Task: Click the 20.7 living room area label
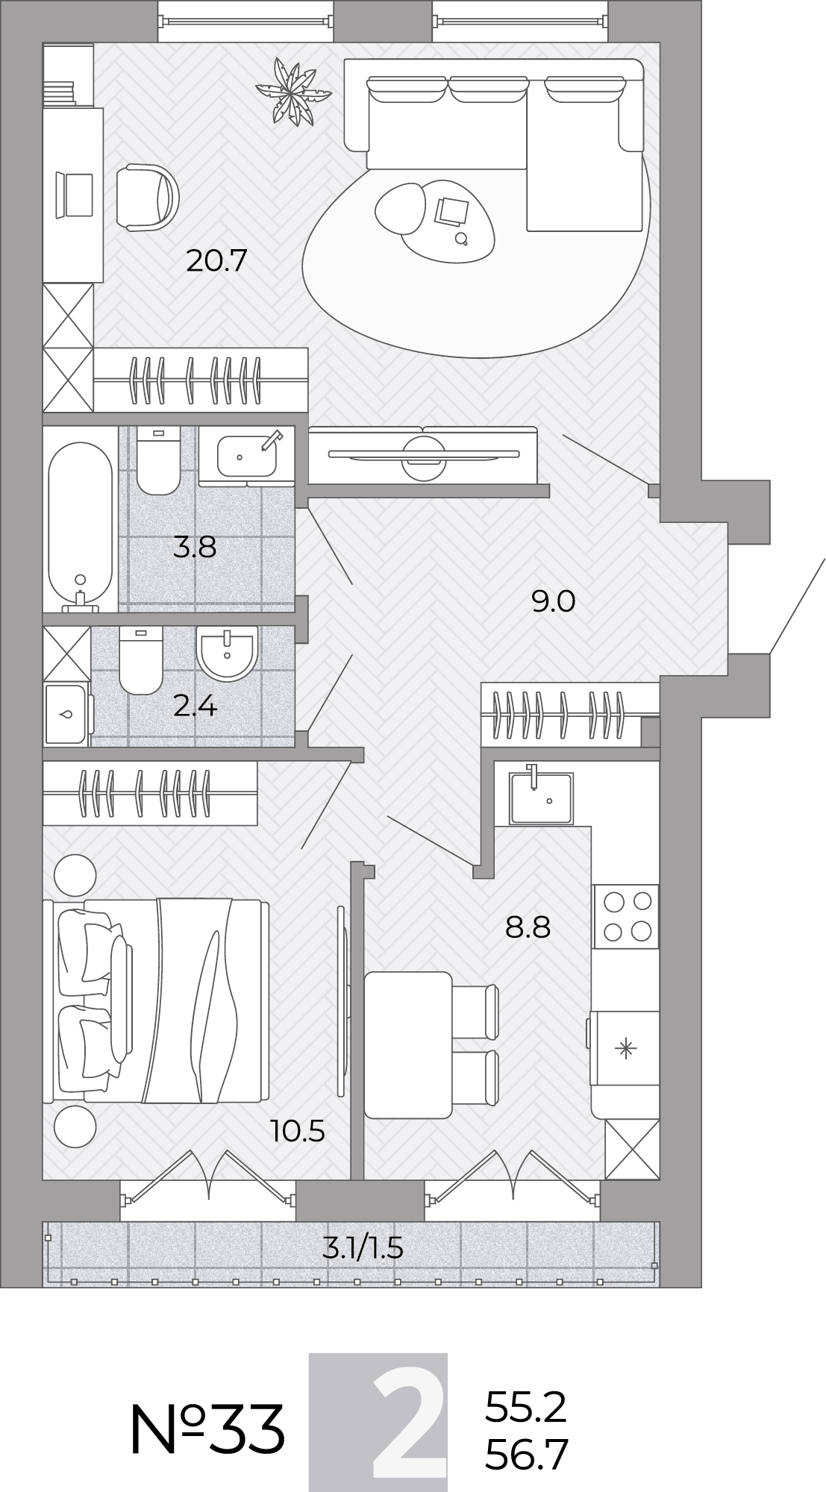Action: point(216,261)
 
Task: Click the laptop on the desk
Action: point(75,195)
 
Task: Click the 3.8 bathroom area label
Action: point(195,548)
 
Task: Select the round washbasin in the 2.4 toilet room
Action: point(227,653)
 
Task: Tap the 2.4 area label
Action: point(195,705)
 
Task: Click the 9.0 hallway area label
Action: point(553,601)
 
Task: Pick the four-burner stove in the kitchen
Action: point(625,916)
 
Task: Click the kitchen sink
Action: point(541,797)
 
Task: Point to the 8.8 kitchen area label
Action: point(528,928)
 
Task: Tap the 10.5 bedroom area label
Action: point(298,1132)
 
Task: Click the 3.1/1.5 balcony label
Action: point(363,1247)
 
